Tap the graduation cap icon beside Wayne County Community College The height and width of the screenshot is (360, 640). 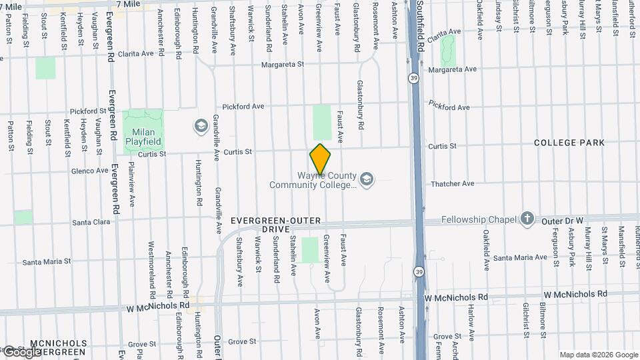click(366, 179)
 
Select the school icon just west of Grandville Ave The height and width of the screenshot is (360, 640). click(200, 125)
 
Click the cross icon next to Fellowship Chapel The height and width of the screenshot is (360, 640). click(527, 219)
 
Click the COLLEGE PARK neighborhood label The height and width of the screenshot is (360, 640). click(569, 143)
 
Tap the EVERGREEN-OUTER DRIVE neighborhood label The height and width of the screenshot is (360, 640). click(276, 225)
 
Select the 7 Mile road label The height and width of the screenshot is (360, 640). click(128, 4)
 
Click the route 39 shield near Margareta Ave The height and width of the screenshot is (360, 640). click(413, 79)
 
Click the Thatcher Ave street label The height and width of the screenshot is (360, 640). click(453, 183)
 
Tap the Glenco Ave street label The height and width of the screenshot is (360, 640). click(89, 171)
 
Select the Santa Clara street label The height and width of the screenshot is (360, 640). click(91, 222)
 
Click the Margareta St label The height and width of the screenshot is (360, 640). click(282, 65)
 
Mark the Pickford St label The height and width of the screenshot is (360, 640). click(88, 111)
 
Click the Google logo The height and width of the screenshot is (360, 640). click(21, 351)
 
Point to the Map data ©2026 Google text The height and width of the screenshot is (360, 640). click(598, 355)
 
